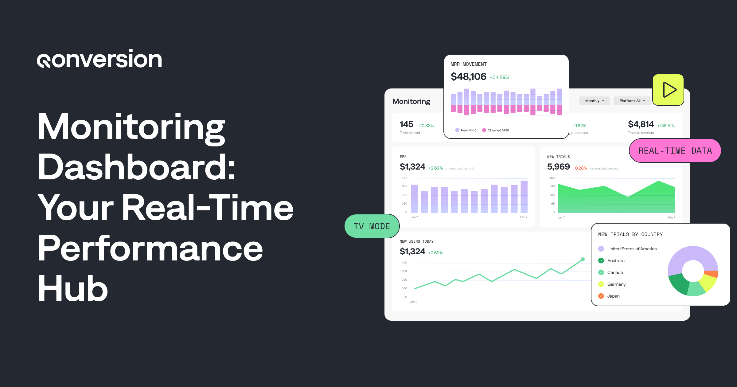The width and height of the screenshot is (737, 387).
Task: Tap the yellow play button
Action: [668, 90]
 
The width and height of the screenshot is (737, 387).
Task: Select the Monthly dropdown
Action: [594, 101]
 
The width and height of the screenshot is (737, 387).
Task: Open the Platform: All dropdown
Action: [632, 101]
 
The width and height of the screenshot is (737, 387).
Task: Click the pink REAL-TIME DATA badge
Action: [675, 151]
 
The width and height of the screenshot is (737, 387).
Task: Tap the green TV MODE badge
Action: [372, 226]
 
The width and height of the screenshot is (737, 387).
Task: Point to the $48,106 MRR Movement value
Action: [468, 76]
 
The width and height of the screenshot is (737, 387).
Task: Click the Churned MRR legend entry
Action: [496, 130]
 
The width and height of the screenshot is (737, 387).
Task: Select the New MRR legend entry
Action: [466, 130]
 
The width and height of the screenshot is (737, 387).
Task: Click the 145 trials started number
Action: [406, 124]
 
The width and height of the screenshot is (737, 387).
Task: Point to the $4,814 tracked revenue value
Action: [641, 124]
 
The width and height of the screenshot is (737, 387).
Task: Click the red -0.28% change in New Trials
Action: [580, 168]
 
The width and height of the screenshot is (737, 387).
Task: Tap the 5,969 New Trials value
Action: [558, 167]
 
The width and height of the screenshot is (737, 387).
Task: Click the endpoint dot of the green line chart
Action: [583, 259]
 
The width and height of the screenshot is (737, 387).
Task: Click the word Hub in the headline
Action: [73, 289]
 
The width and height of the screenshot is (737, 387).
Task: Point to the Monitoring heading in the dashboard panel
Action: [411, 101]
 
